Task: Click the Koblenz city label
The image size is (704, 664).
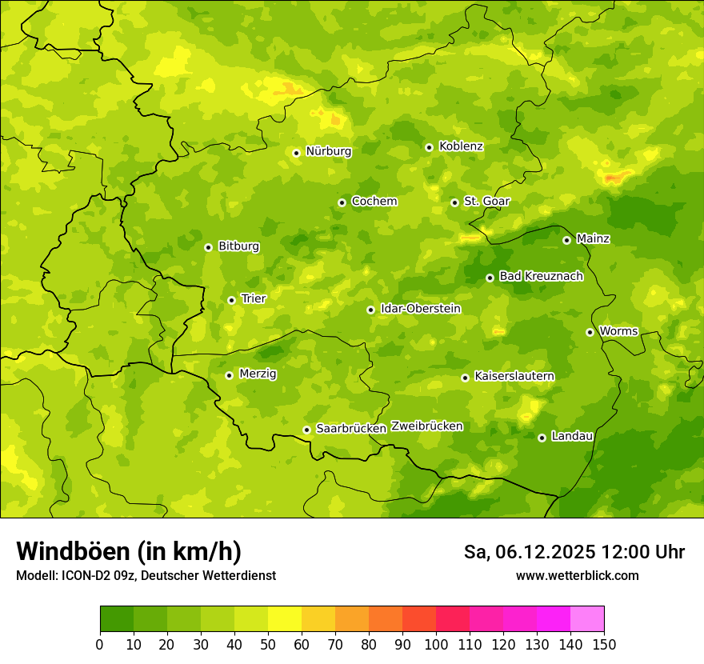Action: (461, 146)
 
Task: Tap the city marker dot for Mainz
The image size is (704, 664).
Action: (566, 240)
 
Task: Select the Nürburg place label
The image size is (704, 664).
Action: (328, 151)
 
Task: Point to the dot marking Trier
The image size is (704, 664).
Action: (231, 300)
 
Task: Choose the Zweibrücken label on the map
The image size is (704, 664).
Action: (426, 426)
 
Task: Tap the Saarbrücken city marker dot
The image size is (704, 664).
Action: (306, 430)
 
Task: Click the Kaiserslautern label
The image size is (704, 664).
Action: (514, 376)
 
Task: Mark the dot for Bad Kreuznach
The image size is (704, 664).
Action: (490, 278)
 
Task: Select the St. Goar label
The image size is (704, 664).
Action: (486, 202)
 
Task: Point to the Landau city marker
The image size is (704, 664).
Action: (542, 438)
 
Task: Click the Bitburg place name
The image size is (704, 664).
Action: (238, 246)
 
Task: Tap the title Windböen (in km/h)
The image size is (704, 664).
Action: (128, 551)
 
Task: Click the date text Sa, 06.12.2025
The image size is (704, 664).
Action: (529, 552)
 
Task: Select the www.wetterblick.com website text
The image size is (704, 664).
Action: (577, 576)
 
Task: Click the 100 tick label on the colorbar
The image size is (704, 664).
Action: (435, 645)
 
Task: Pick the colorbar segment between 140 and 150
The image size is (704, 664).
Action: (587, 619)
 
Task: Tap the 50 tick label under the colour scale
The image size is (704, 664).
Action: (267, 645)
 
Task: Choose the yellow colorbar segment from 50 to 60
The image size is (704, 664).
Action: (285, 619)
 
